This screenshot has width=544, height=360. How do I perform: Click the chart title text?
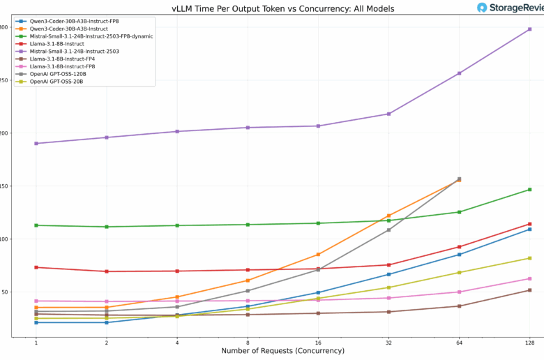pyautogui.click(x=282, y=8)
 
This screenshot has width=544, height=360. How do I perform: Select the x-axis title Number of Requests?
pyautogui.click(x=282, y=350)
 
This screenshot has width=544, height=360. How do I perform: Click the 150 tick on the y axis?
pyautogui.click(x=4, y=186)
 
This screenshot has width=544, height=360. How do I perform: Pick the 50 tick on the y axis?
pyautogui.click(x=4, y=292)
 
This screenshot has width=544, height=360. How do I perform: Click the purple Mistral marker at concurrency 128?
pyautogui.click(x=529, y=29)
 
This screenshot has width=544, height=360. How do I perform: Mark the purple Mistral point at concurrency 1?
pyautogui.click(x=36, y=144)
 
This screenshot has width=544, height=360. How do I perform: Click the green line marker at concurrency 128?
pyautogui.click(x=529, y=190)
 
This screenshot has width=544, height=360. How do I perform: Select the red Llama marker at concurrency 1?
pyautogui.click(x=36, y=267)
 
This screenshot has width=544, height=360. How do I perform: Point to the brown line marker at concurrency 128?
pyautogui.click(x=529, y=290)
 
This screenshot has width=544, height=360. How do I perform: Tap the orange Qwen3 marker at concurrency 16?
pyautogui.click(x=318, y=255)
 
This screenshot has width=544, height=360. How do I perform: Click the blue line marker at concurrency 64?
pyautogui.click(x=459, y=254)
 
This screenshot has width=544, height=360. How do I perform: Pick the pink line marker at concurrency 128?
pyautogui.click(x=529, y=279)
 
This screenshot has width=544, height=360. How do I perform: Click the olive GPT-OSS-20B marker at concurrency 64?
pyautogui.click(x=459, y=273)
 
